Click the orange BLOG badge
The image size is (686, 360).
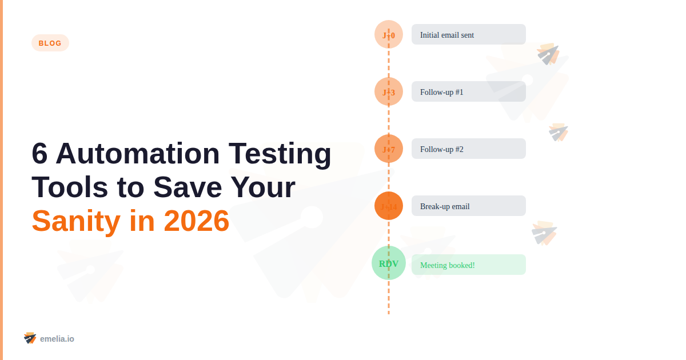tap(50, 43)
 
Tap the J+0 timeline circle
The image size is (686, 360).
tap(389, 35)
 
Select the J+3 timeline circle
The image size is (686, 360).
tap(389, 91)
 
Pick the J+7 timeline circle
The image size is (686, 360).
tap(389, 149)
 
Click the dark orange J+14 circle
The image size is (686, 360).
tap(389, 206)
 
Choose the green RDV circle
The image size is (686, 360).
tap(389, 263)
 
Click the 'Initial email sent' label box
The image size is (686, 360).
tap(468, 35)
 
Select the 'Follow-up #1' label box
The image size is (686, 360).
tap(468, 91)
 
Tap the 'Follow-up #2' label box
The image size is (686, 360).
tap(468, 149)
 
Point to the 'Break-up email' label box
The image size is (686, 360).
tap(468, 206)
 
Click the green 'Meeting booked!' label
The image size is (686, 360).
tap(468, 265)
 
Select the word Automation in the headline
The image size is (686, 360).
tap(137, 154)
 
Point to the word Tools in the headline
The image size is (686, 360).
tap(66, 187)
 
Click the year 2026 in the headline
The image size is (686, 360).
tap(196, 221)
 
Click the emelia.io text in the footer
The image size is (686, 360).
tap(57, 339)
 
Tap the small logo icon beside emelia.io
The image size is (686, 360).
tap(30, 338)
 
